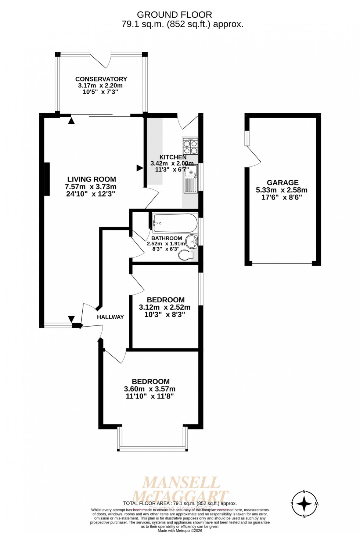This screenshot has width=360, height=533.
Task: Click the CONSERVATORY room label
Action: [x=101, y=79]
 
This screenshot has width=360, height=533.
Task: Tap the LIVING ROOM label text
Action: [x=91, y=179]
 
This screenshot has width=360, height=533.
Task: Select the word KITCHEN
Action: [x=173, y=157]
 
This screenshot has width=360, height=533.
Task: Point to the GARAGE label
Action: [x=282, y=183]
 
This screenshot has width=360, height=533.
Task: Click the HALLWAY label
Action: [x=110, y=317]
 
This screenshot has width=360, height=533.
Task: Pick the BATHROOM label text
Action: [x=166, y=238]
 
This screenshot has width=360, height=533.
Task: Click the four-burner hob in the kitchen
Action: [x=191, y=146]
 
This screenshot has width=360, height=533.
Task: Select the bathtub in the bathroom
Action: [x=175, y=223]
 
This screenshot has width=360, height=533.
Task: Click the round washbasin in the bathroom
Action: [x=192, y=242]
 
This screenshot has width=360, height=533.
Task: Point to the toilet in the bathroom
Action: [x=186, y=255]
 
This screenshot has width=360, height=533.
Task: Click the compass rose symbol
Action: [x=304, y=504]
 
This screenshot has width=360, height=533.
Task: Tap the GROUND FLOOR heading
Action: [x=174, y=15]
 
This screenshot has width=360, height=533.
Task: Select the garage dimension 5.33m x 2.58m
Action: [x=282, y=190]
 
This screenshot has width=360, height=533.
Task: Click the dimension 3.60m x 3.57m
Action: [x=150, y=389]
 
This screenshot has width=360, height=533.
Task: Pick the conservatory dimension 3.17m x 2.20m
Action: [x=100, y=86]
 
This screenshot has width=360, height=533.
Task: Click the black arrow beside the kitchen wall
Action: [x=140, y=168]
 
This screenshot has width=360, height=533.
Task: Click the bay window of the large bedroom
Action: [x=152, y=448]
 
